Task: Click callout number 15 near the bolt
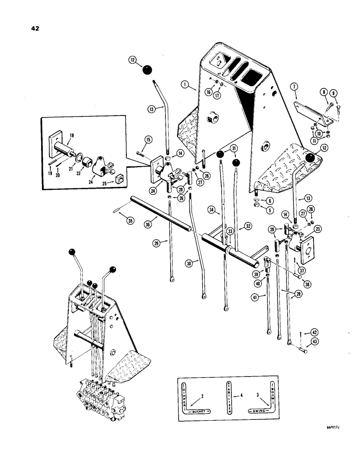point(148,139)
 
